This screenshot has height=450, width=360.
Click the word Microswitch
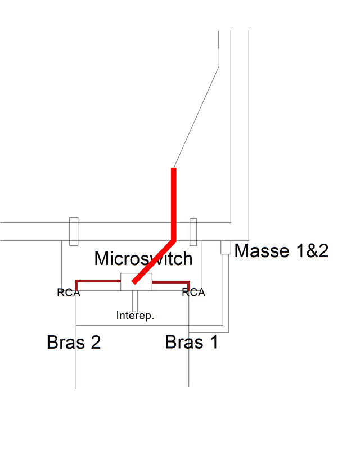click(143, 259)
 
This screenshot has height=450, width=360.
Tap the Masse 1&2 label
click(281, 250)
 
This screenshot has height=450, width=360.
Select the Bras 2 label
click(73, 342)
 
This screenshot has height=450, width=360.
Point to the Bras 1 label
click(191, 342)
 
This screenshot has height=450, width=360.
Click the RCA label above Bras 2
click(69, 292)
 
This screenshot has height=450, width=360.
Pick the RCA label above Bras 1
click(193, 292)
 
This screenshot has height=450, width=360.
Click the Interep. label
click(135, 316)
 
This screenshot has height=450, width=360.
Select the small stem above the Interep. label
click(134, 300)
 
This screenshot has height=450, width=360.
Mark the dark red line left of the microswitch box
click(98, 280)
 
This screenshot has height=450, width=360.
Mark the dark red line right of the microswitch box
click(172, 280)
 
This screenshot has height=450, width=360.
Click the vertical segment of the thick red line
click(174, 202)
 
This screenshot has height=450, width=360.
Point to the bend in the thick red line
click(174, 240)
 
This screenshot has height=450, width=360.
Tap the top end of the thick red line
click(174, 169)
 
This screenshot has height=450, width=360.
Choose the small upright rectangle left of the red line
click(73, 231)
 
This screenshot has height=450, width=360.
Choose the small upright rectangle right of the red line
click(193, 232)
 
